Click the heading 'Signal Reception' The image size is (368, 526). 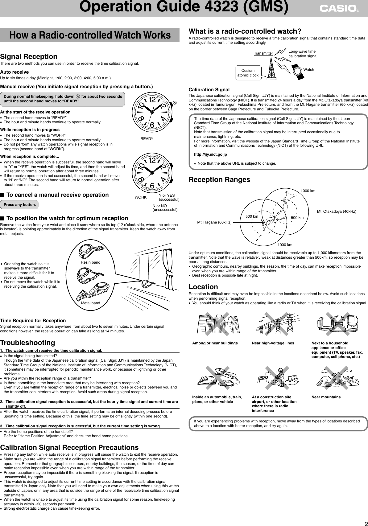coord(29,57)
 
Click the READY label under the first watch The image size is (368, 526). coord(147,139)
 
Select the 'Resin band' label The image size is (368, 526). coord(90,262)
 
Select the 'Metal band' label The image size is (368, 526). coord(90,303)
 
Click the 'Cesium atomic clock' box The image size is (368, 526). coord(248,73)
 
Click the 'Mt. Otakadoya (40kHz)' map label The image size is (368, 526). coord(337,212)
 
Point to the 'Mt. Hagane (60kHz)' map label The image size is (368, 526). coord(214,222)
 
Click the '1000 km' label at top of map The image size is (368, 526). coord(308,191)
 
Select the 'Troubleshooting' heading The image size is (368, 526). coord(27,343)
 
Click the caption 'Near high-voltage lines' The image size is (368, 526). coord(273,343)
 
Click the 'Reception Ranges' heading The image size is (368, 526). coord(219,179)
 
